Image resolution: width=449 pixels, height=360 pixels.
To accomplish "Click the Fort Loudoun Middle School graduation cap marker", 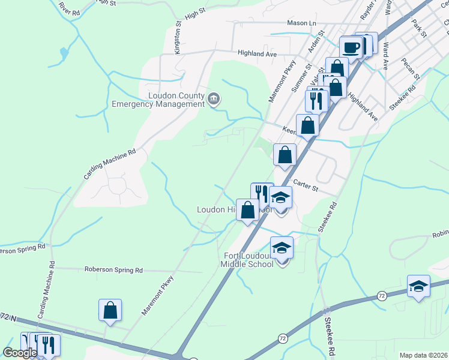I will [282, 247].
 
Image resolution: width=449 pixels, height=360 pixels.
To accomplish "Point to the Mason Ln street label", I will [301, 23].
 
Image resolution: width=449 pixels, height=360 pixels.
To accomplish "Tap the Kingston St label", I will [178, 38].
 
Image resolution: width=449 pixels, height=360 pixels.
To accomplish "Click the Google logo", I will [20, 353].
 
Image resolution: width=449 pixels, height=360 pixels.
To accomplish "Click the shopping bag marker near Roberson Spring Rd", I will [110, 310].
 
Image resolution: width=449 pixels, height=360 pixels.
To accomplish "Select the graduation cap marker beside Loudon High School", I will [280, 197].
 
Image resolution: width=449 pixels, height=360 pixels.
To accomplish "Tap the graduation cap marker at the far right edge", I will [418, 287].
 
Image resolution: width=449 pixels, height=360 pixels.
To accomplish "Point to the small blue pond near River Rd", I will [64, 54].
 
